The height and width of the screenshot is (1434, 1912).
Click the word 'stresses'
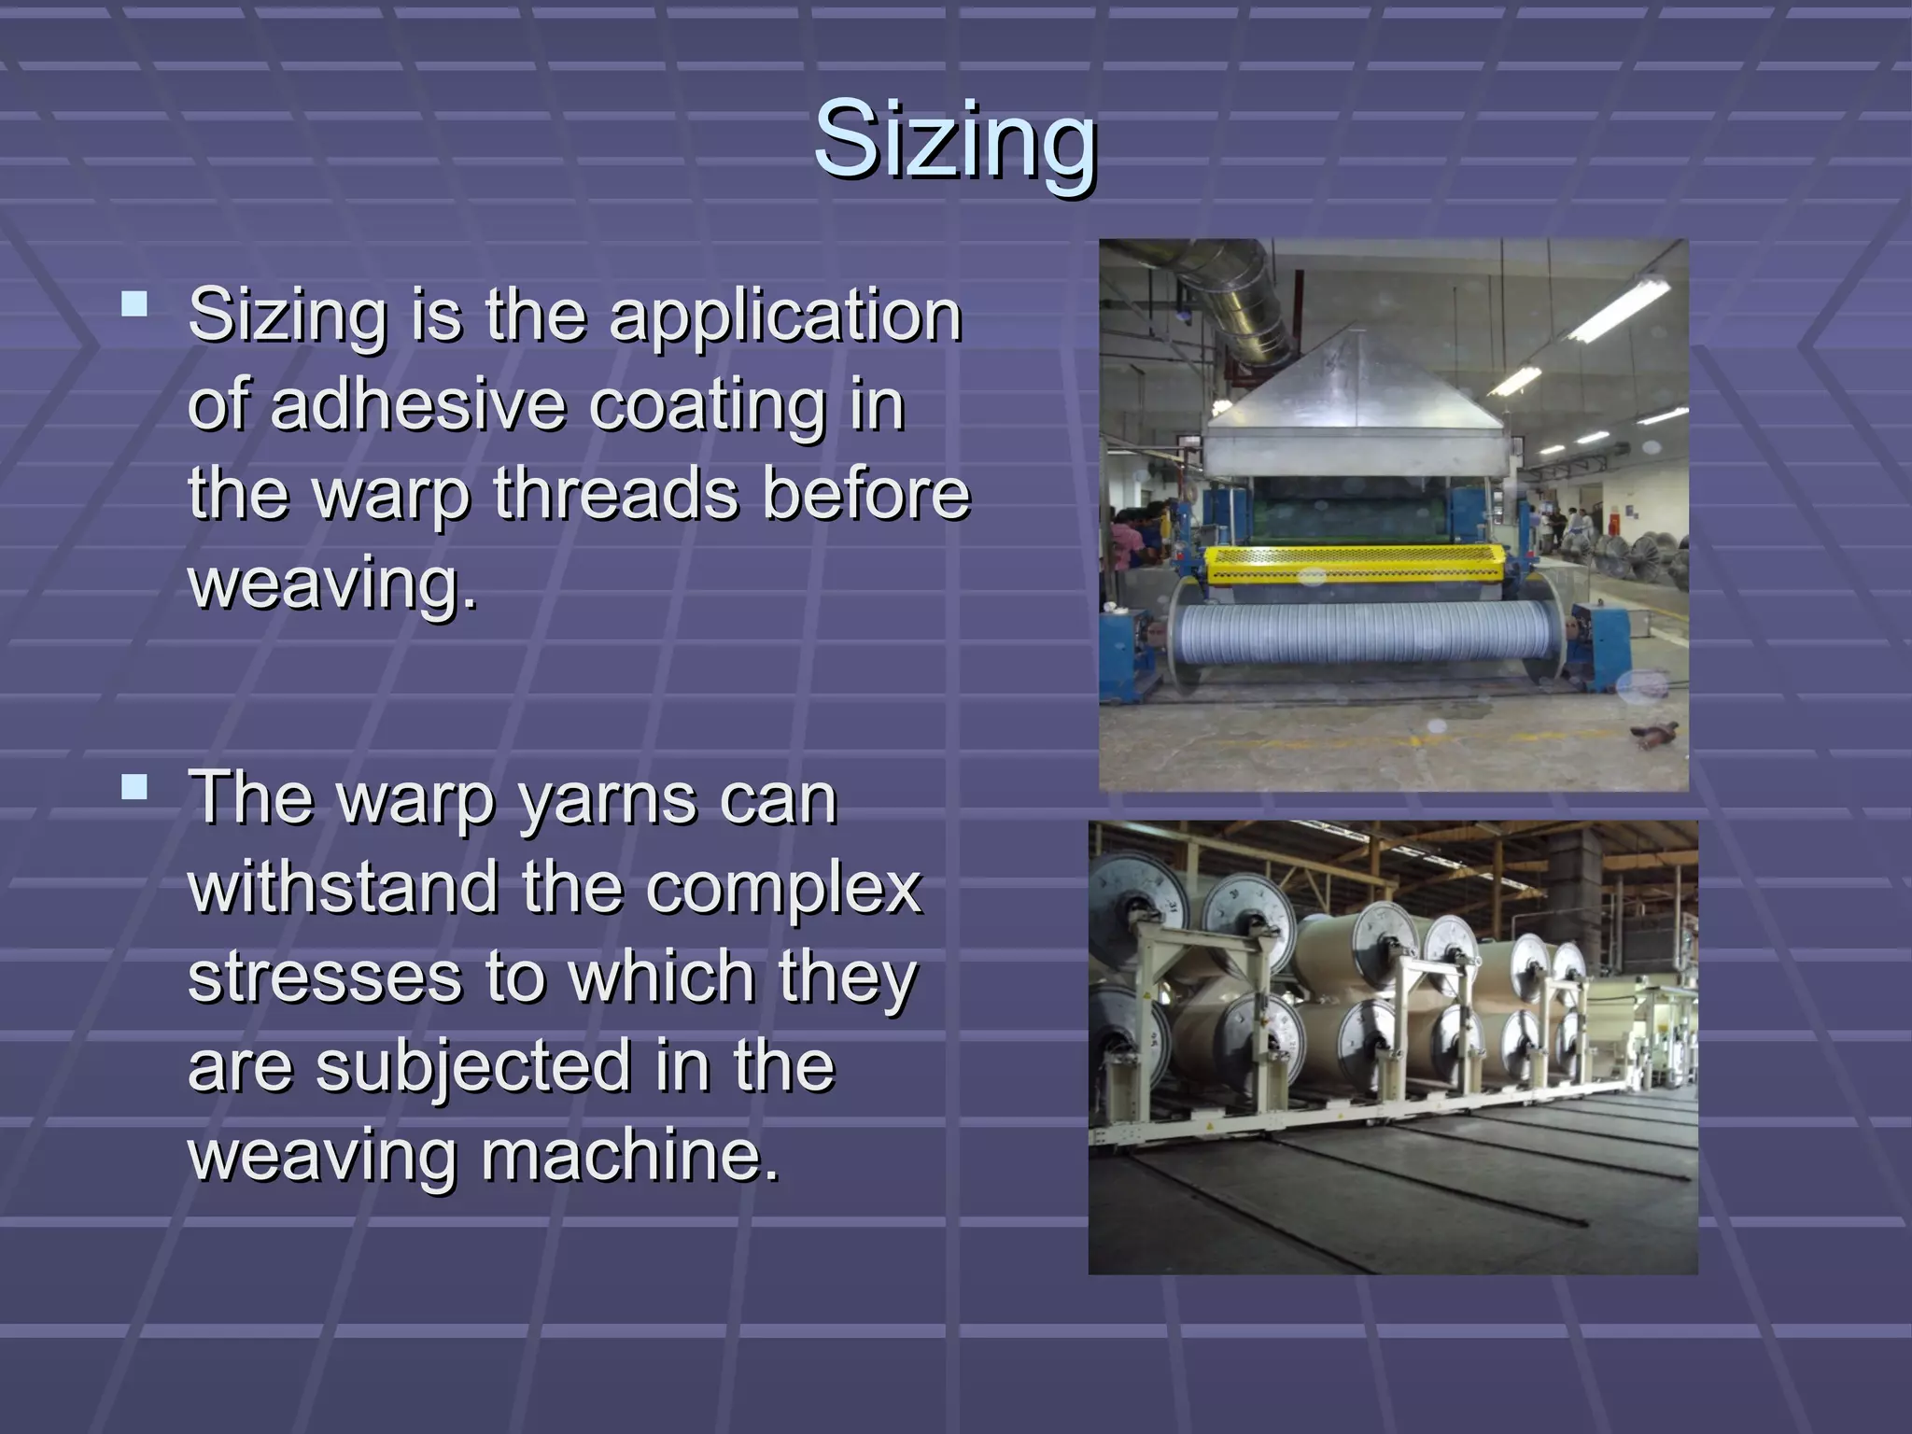click(x=325, y=977)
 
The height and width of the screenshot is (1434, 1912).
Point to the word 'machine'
click(x=627, y=1155)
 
